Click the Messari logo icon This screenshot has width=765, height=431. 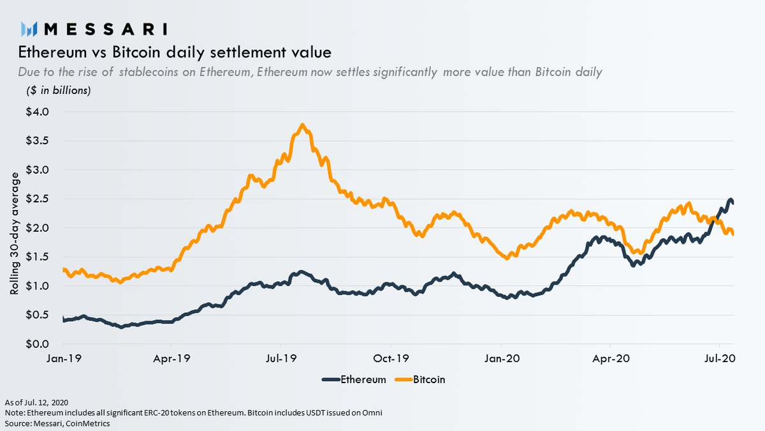[x=29, y=29]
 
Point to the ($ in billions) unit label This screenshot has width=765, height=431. [x=59, y=90]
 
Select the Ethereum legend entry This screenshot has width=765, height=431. [x=354, y=379]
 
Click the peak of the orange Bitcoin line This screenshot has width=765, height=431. [x=302, y=125]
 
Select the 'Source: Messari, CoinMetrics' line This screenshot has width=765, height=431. [x=57, y=423]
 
